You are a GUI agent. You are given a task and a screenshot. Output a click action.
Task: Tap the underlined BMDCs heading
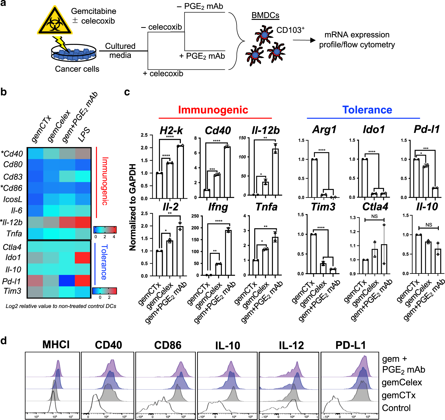265,15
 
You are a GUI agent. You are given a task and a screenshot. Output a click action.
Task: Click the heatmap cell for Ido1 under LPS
83,258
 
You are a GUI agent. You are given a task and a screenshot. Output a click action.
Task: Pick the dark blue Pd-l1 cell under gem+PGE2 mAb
67,281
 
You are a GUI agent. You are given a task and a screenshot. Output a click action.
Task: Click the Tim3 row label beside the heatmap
12,291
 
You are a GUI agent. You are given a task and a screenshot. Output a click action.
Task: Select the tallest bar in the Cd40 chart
227,172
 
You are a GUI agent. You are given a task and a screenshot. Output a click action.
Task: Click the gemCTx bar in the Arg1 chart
314,178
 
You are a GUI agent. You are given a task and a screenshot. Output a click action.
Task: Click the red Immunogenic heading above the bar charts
213,110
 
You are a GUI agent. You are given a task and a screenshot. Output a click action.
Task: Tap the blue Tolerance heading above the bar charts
367,110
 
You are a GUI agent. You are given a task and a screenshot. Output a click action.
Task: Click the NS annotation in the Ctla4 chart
374,216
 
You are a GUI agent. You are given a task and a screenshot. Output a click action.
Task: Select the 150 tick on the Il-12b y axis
242,138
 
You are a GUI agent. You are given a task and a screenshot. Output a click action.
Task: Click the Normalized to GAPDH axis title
133,207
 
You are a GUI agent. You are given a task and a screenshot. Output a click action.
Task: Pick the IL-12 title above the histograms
291,345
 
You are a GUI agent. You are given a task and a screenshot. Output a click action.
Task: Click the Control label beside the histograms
396,408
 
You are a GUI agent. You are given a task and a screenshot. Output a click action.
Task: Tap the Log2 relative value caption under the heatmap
61,306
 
